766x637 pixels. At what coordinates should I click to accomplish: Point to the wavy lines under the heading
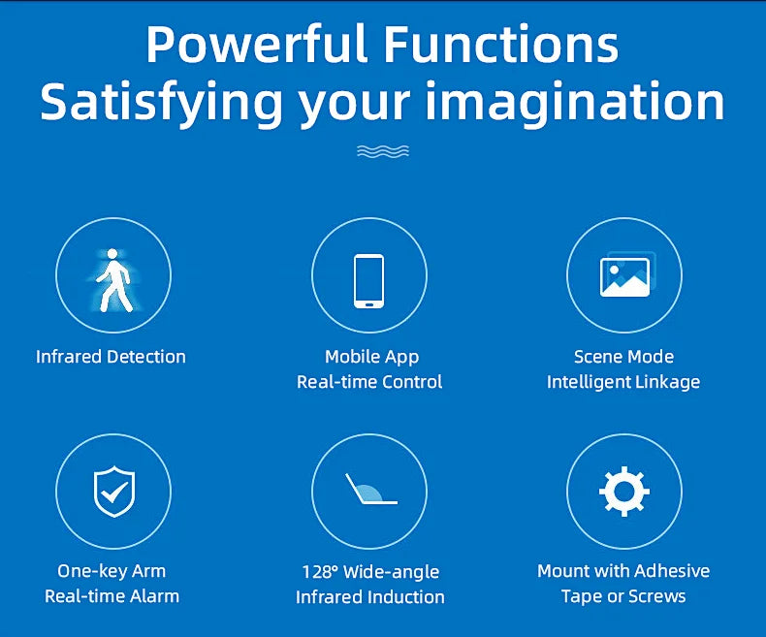point(382,150)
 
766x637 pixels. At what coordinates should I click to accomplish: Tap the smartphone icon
point(368,279)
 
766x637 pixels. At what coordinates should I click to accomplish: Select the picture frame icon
point(625,274)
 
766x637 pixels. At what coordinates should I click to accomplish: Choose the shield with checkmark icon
point(113,492)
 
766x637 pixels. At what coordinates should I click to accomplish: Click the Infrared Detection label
point(111,357)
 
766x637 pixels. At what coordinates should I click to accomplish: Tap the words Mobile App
point(372,357)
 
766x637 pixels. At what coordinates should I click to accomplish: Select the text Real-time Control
point(369,382)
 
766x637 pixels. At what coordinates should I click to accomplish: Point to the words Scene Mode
point(623,357)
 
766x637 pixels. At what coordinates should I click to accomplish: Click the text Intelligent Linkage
point(623,382)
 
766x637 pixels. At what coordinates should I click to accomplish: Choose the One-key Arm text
point(112,571)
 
